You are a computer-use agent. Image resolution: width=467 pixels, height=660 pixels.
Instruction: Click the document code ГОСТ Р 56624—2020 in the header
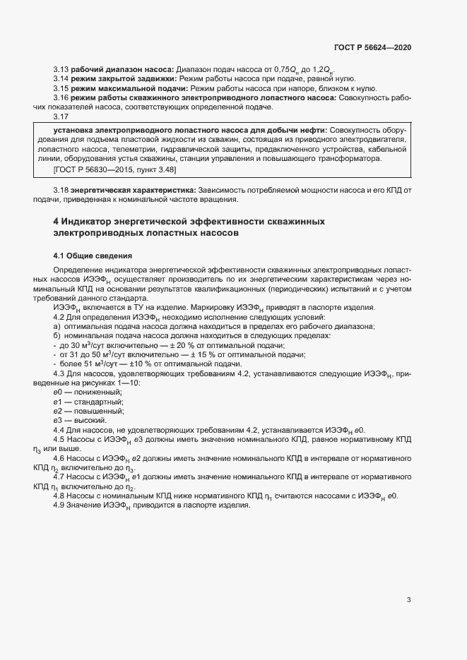372,47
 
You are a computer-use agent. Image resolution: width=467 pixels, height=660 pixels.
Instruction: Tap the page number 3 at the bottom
408,600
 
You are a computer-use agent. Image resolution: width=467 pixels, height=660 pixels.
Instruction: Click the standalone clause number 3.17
61,118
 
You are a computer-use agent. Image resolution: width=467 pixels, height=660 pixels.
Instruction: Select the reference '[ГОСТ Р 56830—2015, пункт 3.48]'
114,171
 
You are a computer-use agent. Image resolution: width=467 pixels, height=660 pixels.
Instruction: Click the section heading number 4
56,221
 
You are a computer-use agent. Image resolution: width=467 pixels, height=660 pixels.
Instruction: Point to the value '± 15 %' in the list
200,355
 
